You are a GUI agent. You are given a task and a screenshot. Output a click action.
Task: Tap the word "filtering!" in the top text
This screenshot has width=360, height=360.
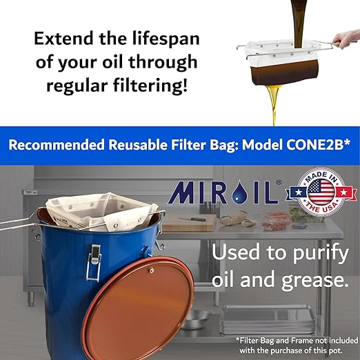[x=152, y=86]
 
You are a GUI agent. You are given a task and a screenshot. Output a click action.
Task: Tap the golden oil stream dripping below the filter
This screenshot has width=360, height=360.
[x=274, y=103]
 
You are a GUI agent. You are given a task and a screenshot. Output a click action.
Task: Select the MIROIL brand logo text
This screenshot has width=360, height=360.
[x=221, y=192]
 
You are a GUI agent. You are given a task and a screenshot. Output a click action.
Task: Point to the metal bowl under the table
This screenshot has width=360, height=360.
[x=196, y=318]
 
